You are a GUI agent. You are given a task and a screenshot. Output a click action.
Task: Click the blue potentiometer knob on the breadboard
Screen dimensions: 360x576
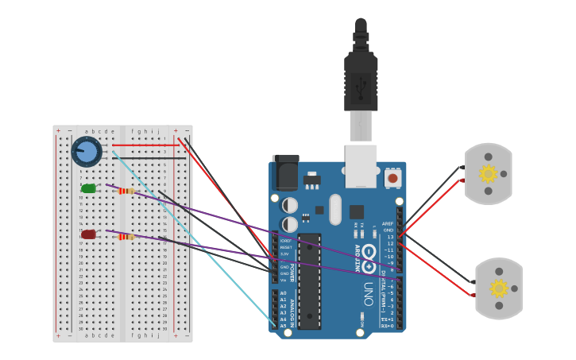click(x=87, y=151)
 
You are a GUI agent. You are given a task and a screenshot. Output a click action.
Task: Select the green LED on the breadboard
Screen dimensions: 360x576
click(x=88, y=188)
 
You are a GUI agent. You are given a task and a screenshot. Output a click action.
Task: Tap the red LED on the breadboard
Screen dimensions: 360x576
click(x=88, y=234)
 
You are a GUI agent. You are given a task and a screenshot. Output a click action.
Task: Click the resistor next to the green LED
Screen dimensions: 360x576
click(x=126, y=191)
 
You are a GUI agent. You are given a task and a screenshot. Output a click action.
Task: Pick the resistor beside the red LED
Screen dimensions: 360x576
click(x=126, y=236)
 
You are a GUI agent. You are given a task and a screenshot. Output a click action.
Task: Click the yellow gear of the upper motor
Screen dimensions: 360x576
click(x=488, y=173)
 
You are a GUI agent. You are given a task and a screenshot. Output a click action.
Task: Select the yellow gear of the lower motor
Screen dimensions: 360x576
click(x=499, y=288)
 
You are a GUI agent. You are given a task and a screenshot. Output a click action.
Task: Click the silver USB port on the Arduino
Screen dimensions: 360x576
click(x=361, y=165)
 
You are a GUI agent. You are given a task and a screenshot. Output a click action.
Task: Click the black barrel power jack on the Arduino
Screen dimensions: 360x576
click(x=285, y=172)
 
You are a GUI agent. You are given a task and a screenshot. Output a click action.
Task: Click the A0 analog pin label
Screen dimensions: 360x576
click(x=283, y=293)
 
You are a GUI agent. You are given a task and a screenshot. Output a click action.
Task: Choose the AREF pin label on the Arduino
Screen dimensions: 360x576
click(x=388, y=224)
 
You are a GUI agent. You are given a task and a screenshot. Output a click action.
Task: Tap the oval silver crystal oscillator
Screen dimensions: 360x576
click(x=335, y=209)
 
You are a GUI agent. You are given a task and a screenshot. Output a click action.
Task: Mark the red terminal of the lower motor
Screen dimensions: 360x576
click(x=473, y=295)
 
